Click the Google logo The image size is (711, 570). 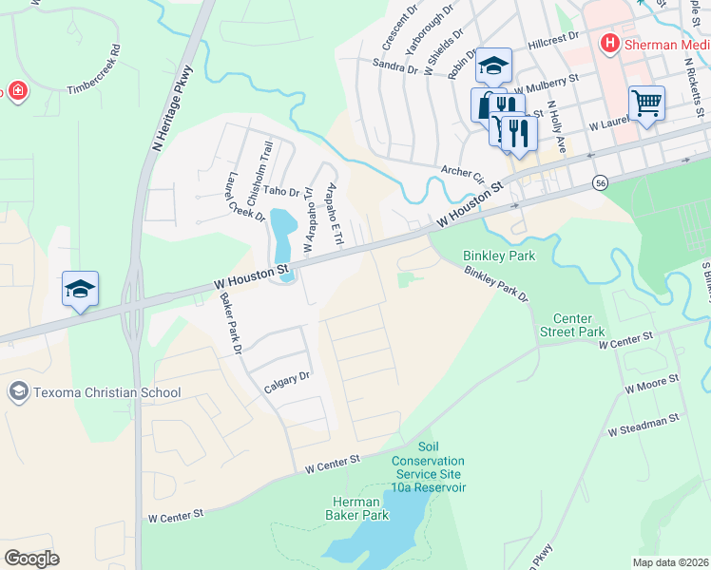pyautogui.click(x=31, y=559)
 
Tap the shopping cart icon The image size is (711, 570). pyautogui.click(x=646, y=102)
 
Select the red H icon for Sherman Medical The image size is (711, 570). pyautogui.click(x=608, y=44)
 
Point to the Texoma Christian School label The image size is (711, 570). pyautogui.click(x=106, y=392)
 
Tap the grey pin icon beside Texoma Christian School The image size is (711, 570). pyautogui.click(x=17, y=391)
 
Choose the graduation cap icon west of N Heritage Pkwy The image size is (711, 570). pyautogui.click(x=80, y=289)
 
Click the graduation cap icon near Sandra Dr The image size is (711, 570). pyautogui.click(x=493, y=66)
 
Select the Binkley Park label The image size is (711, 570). pyautogui.click(x=498, y=256)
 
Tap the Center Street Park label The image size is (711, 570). pyautogui.click(x=573, y=326)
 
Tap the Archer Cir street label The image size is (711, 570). pyautogui.click(x=463, y=174)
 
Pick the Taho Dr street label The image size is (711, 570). pyautogui.click(x=281, y=192)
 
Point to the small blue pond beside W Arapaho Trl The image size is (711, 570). pyautogui.click(x=281, y=235)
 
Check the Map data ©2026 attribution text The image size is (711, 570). pyautogui.click(x=671, y=562)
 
